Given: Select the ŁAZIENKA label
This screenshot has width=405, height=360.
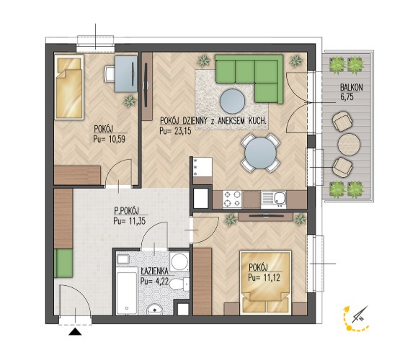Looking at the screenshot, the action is (x=155, y=271).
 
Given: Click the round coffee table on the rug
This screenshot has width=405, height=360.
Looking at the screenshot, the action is (x=232, y=102).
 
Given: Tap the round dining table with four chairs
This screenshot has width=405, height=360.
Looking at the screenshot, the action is (x=260, y=153).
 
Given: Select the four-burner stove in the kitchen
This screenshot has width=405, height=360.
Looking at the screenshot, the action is (x=232, y=199).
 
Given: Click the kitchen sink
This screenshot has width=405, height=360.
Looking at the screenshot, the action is (x=274, y=199).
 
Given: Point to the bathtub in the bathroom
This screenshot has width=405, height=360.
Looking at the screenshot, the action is (x=126, y=290).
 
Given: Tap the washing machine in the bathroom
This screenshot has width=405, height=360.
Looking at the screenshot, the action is (x=179, y=261).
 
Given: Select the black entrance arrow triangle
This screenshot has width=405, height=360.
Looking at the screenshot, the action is (x=75, y=332).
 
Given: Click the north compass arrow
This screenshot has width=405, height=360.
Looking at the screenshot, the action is (x=360, y=315).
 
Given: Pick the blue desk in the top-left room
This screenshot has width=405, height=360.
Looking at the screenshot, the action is (x=126, y=74).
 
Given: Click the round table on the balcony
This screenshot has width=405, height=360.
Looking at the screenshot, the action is (x=349, y=143).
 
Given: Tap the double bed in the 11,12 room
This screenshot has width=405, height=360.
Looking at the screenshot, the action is (x=266, y=282).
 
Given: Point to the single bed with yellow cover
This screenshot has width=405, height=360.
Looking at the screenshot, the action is (x=69, y=87).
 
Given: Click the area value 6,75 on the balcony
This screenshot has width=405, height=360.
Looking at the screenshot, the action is (x=347, y=97).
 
